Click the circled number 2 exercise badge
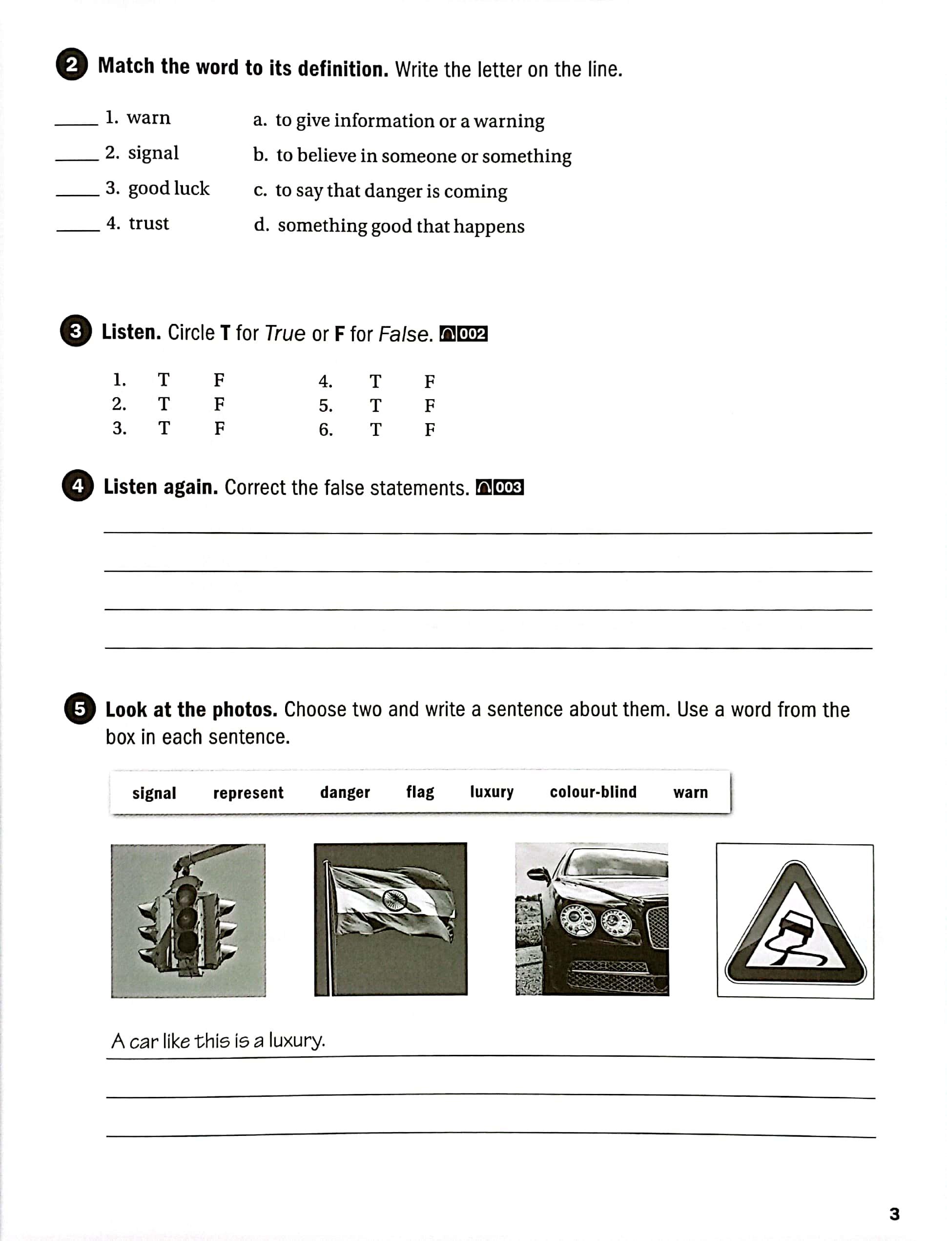tap(72, 64)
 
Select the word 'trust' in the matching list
tap(149, 223)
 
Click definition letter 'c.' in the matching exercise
tap(260, 191)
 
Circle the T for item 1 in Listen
tap(164, 380)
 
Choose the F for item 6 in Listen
tap(430, 430)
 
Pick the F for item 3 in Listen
tap(219, 428)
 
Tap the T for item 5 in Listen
tap(375, 406)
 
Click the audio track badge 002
tap(463, 334)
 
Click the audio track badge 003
tap(500, 488)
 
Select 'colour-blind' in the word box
tap(593, 792)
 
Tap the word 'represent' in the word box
tap(248, 792)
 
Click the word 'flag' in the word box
tap(420, 792)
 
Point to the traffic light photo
tap(188, 920)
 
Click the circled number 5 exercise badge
tap(80, 708)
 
